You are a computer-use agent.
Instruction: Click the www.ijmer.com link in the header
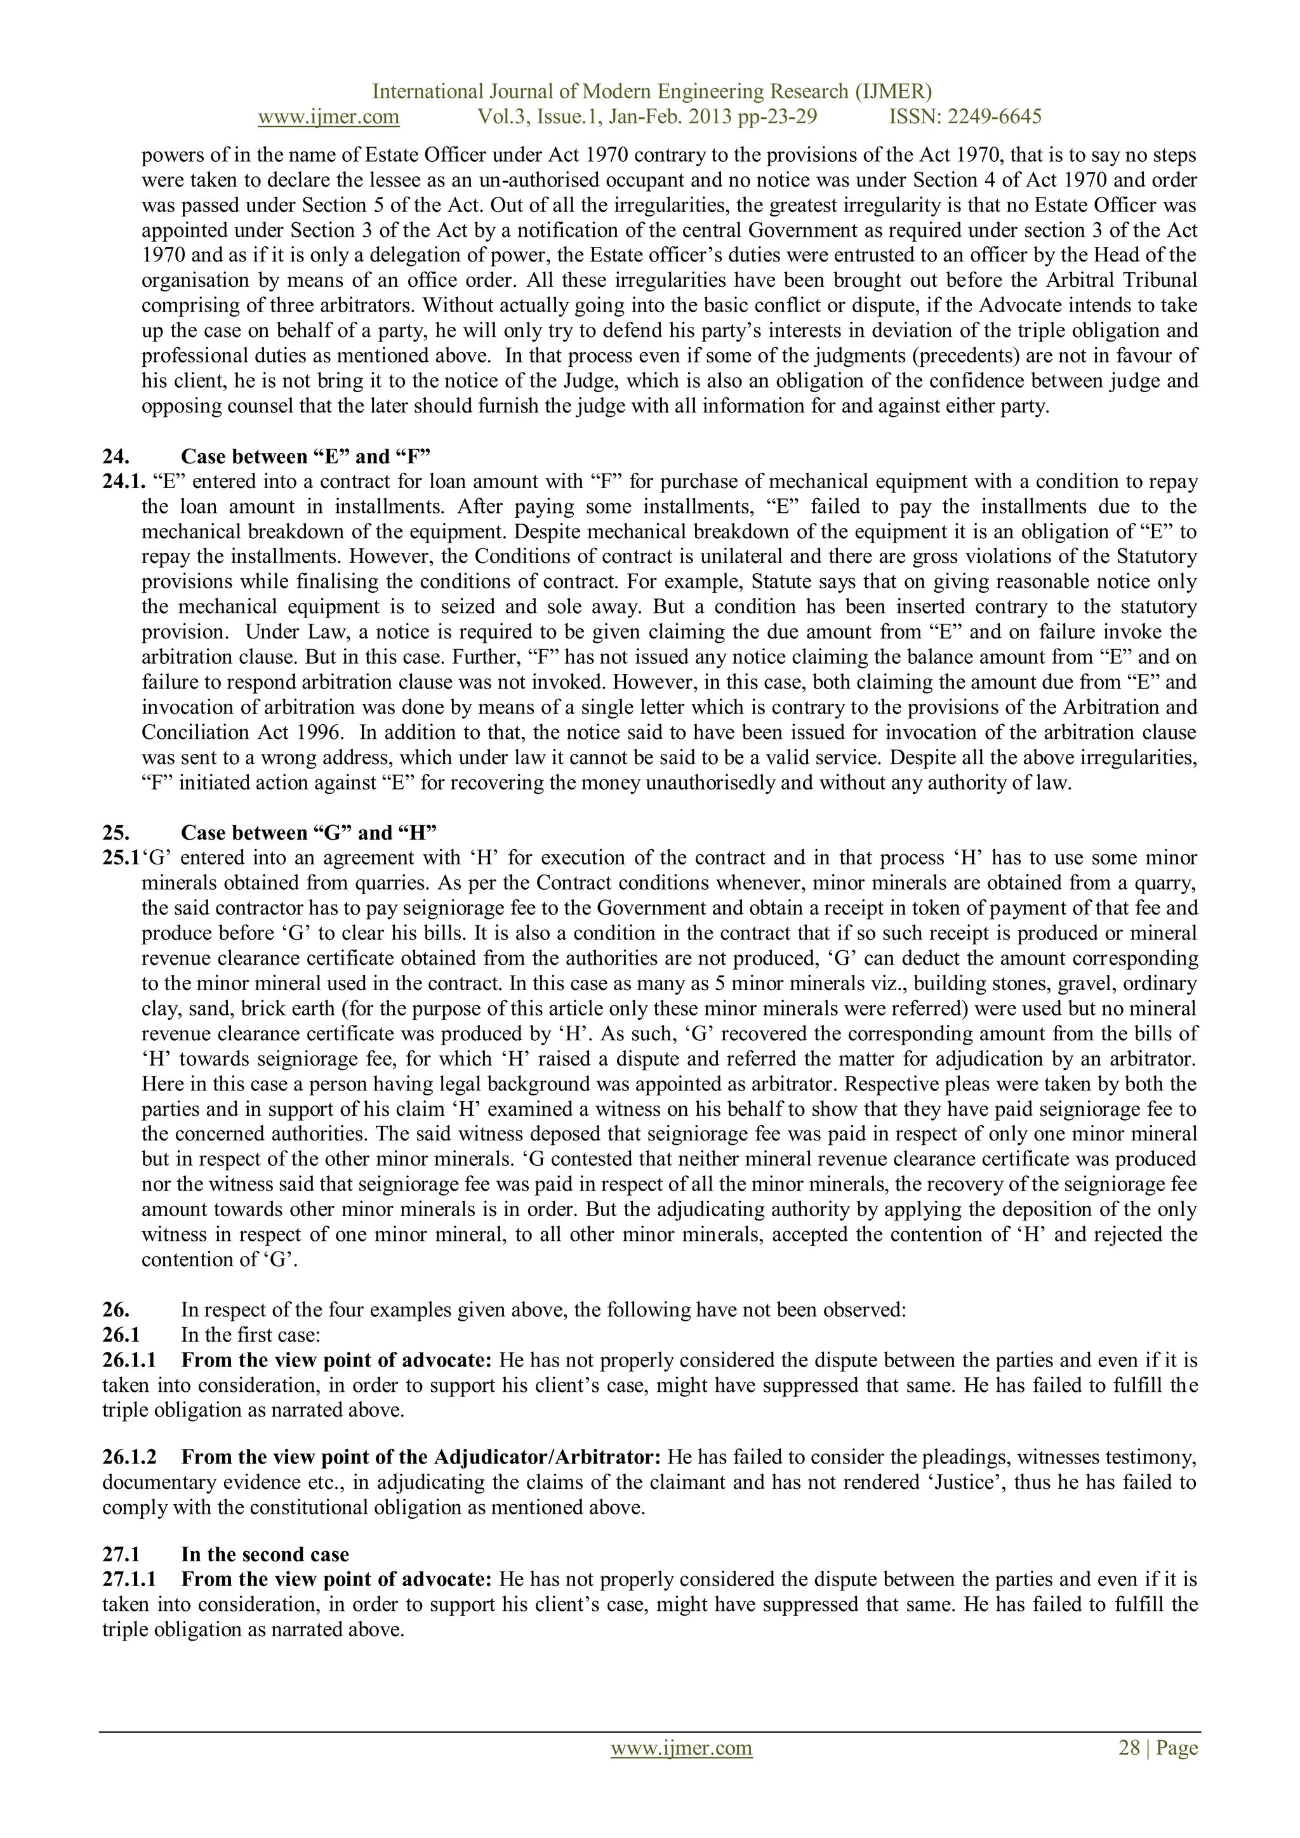[x=328, y=117]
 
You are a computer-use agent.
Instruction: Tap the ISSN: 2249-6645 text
[x=965, y=117]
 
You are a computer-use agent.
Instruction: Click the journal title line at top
[x=652, y=91]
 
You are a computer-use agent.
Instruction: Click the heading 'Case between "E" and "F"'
[x=306, y=456]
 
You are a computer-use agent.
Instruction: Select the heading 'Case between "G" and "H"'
[x=308, y=833]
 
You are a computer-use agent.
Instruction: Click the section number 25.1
[x=121, y=858]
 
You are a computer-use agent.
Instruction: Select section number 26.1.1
[x=129, y=1360]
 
